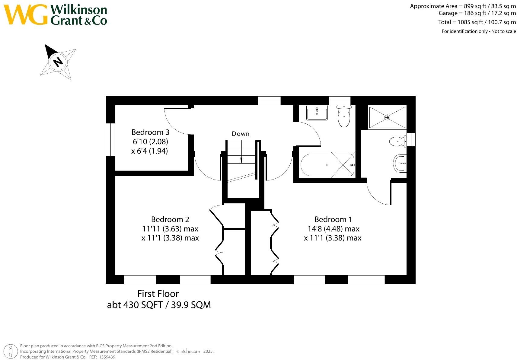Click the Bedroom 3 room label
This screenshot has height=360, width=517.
tap(150, 132)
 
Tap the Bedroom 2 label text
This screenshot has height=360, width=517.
tap(170, 219)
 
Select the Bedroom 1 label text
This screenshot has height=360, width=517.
tap(333, 219)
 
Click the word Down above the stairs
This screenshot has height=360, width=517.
tap(241, 134)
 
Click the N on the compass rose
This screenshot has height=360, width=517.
tap(58, 62)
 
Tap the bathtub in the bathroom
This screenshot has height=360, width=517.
tap(327, 165)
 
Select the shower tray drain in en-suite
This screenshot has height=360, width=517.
tap(387, 117)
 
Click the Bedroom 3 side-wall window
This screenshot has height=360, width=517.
tap(111, 139)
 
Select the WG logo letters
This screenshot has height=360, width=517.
tap(25, 14)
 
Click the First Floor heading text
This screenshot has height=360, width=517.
tap(158, 294)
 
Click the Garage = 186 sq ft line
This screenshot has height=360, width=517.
tap(477, 13)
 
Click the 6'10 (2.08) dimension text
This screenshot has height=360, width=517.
tap(150, 142)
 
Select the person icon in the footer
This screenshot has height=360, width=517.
tap(11, 351)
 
